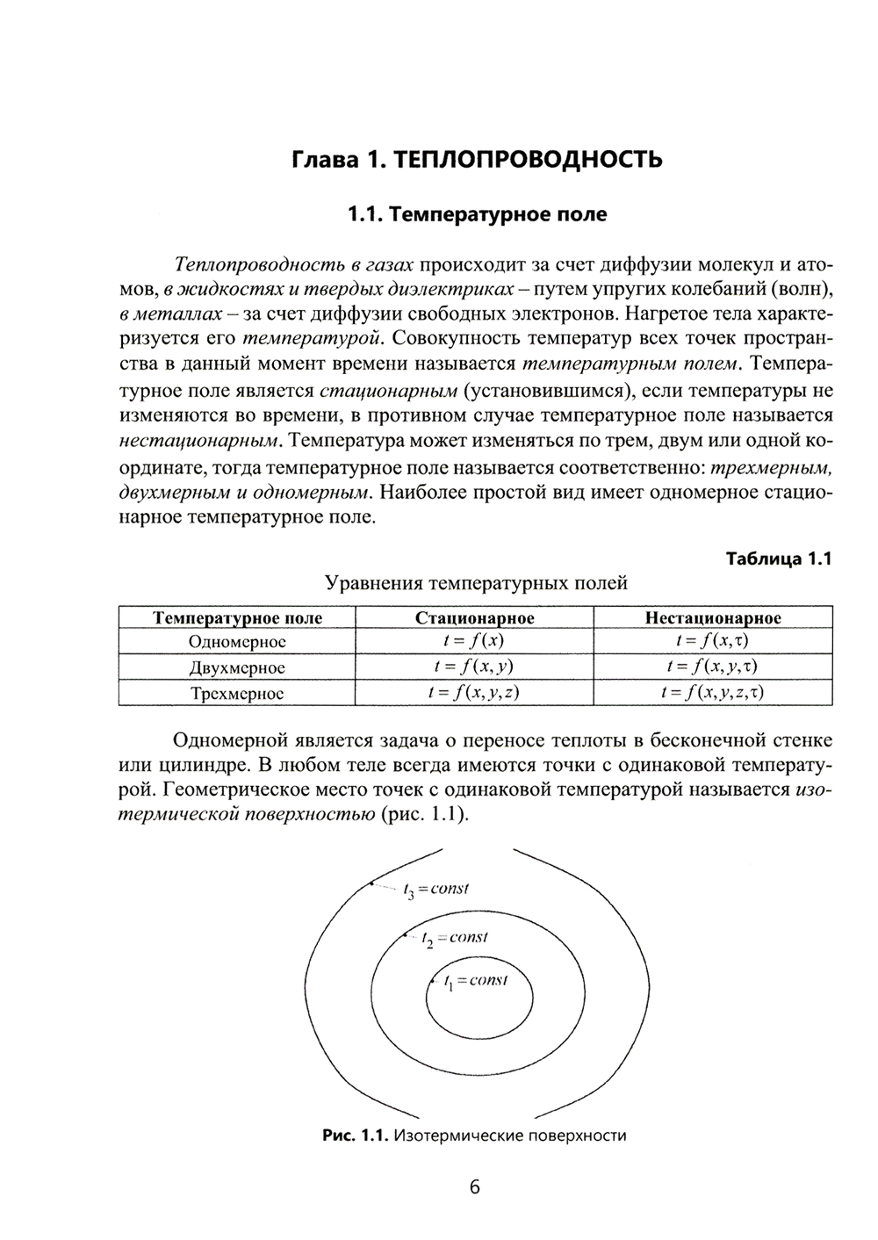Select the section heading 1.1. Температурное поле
point(477,214)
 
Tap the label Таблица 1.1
point(778,559)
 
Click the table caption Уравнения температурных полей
point(477,583)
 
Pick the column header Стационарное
point(474,618)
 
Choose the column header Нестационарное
point(713,618)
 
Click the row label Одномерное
point(237,642)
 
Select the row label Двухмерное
point(237,667)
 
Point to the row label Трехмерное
point(237,694)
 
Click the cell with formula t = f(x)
point(474,642)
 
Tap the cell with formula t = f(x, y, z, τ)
point(713,694)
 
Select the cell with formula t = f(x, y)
point(474,667)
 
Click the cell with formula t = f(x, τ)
point(713,642)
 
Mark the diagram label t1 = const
point(476,981)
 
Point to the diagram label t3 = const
point(436,890)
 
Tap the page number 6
point(475,1187)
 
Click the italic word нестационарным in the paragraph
point(200,439)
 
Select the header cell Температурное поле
point(237,618)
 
